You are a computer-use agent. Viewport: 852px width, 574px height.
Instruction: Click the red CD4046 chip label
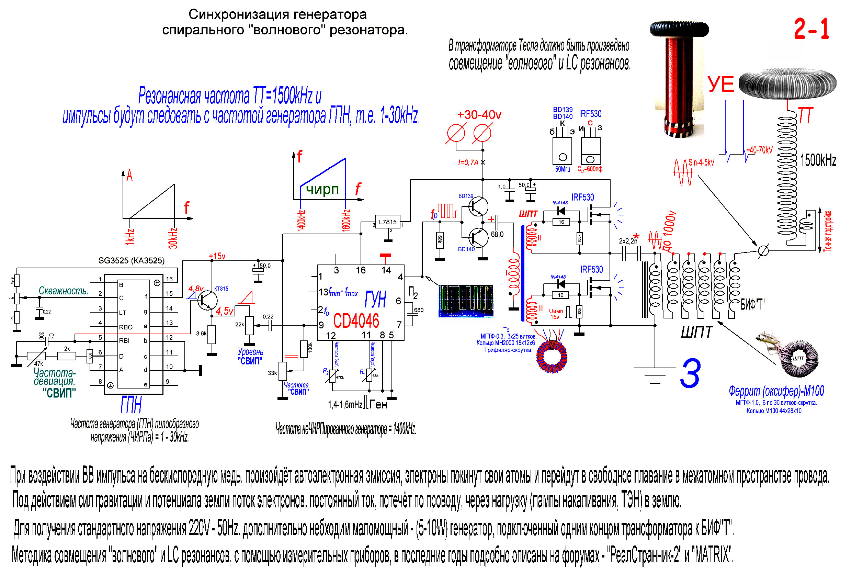click(x=356, y=321)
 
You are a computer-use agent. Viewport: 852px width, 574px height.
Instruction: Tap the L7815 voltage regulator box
click(x=387, y=222)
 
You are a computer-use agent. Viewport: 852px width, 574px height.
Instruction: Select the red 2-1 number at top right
click(x=811, y=29)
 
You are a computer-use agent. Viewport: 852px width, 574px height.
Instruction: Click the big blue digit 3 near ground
click(x=690, y=373)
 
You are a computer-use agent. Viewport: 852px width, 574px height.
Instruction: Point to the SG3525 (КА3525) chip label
click(x=132, y=260)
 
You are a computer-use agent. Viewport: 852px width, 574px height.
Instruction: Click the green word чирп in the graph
click(x=322, y=189)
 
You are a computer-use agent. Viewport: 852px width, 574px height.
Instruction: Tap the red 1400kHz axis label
click(x=301, y=220)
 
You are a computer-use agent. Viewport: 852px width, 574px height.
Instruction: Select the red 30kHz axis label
click(x=173, y=238)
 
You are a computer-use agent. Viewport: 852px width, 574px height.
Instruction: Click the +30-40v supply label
click(x=479, y=115)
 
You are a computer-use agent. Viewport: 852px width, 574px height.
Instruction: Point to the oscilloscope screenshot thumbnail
click(x=466, y=301)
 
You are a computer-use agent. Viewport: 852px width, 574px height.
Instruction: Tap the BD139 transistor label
click(x=466, y=196)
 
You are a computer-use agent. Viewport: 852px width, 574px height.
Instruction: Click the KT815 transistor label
click(x=221, y=289)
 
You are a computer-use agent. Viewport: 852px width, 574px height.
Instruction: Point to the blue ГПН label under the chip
click(x=131, y=405)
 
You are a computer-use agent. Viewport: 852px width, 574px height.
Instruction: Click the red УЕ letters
click(x=720, y=84)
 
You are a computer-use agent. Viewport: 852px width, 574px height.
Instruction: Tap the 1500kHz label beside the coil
click(x=818, y=160)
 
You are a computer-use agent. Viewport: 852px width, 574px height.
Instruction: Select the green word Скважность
click(x=63, y=291)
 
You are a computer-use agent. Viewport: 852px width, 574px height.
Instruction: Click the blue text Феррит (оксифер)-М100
click(x=776, y=391)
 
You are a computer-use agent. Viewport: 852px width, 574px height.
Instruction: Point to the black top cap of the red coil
click(x=679, y=29)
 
